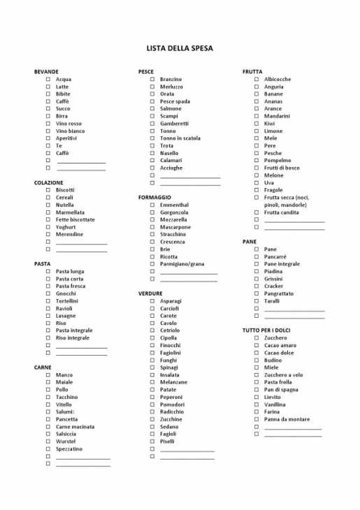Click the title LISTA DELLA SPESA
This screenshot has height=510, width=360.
(180, 48)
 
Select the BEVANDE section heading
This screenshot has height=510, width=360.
(46, 72)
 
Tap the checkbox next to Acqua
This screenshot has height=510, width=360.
(48, 80)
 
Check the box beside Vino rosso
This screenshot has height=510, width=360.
(48, 124)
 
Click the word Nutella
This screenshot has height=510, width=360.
(64, 205)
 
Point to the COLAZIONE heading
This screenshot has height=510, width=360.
(48, 182)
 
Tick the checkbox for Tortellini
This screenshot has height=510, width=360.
(48, 301)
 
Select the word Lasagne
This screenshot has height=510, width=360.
(66, 316)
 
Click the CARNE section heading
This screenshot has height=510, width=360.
(43, 367)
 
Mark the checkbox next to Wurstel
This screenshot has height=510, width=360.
(48, 442)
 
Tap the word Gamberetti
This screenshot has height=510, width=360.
(174, 124)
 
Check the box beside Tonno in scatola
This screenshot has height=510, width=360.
(152, 138)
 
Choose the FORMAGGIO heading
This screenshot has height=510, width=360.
(154, 198)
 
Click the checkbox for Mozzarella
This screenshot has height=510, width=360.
(152, 219)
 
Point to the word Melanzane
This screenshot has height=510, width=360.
(173, 382)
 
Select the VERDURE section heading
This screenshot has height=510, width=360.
(150, 293)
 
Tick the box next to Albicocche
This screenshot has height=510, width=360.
(257, 80)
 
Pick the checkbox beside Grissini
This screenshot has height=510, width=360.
(257, 279)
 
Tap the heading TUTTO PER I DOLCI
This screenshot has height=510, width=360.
(266, 330)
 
